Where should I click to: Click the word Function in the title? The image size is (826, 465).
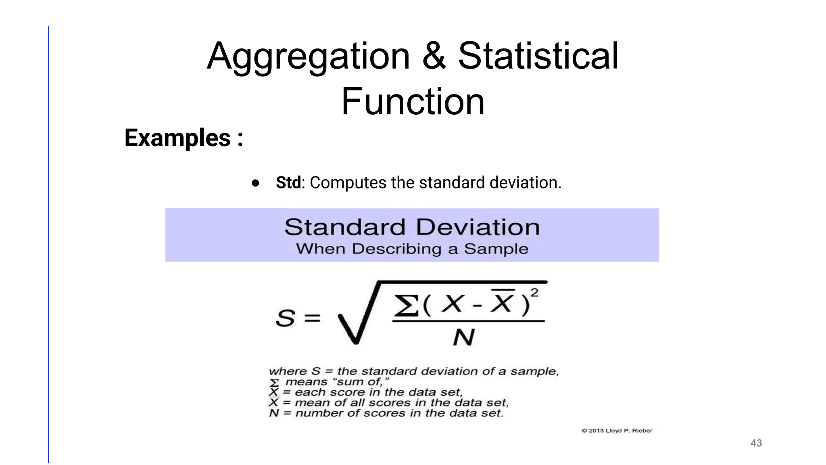413,102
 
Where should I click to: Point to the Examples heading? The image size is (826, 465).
184,138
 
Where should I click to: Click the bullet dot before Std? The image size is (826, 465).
255,183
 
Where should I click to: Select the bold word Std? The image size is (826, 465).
288,182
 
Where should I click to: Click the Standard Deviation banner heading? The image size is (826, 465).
412,227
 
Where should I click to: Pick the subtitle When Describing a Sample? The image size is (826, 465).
412,249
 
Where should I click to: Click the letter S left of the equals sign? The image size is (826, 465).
285,318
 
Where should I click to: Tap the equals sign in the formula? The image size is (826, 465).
312,318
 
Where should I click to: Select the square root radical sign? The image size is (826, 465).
355,319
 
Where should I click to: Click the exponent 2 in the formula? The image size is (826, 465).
534,292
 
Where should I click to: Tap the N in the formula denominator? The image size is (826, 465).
464,337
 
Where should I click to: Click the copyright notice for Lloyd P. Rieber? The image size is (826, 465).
617,431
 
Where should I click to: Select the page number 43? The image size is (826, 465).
756,443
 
